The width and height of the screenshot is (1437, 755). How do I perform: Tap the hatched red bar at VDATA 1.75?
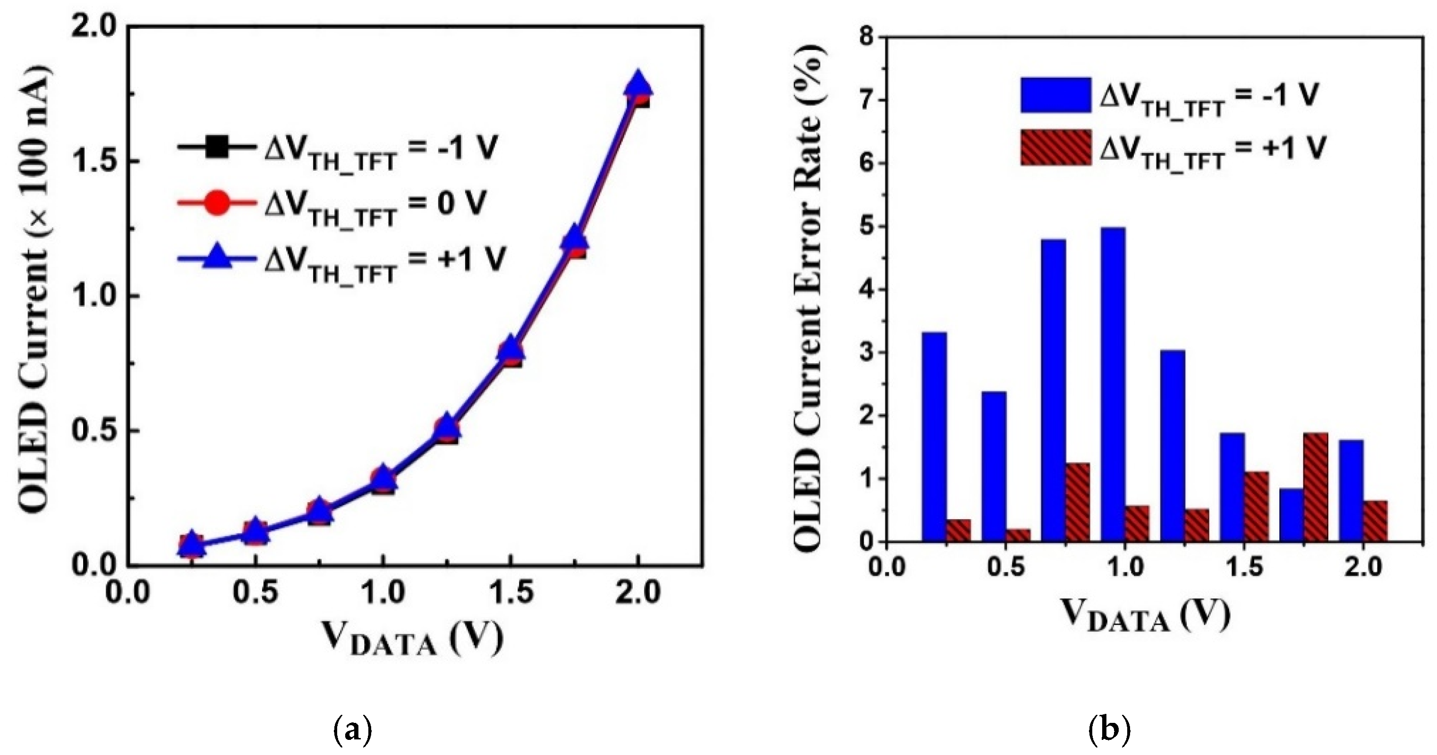tap(1315, 487)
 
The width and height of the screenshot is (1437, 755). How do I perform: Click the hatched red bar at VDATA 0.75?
tap(1077, 502)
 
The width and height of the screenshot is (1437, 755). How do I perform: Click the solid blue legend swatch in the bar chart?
tap(1055, 95)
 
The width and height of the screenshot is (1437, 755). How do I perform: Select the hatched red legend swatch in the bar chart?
tap(1055, 148)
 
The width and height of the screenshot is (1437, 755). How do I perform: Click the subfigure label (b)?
tap(1110, 729)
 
